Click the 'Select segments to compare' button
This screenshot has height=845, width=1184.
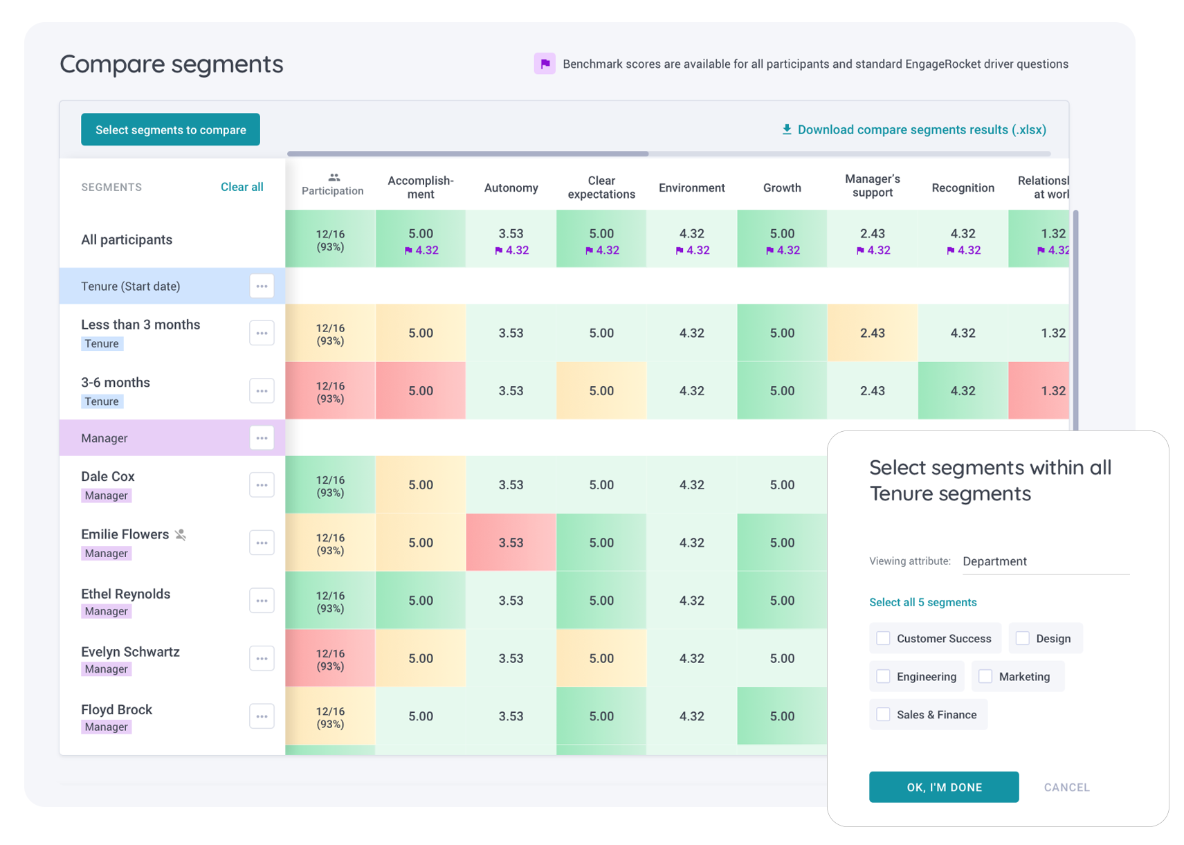click(170, 129)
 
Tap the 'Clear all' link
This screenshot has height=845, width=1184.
click(242, 187)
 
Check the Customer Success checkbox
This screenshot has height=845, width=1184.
click(883, 638)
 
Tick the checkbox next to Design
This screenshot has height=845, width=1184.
click(1022, 638)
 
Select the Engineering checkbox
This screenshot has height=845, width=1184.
click(883, 676)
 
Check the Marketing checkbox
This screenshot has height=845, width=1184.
click(985, 676)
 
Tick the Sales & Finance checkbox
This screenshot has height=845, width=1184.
click(883, 714)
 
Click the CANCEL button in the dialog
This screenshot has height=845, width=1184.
click(1066, 787)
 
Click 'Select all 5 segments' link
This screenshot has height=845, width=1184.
click(922, 602)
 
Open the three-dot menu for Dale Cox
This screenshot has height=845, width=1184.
click(262, 485)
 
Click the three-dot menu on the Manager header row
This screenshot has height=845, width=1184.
click(262, 438)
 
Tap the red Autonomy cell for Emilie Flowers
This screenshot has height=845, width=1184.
click(511, 543)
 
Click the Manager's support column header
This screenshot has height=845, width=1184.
click(872, 185)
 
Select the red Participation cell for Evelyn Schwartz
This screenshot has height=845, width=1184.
click(330, 659)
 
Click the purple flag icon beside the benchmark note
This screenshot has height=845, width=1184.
click(545, 64)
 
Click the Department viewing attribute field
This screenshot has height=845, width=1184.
click(1045, 561)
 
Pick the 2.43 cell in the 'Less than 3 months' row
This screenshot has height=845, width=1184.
click(872, 333)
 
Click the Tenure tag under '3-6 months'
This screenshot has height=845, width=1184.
click(102, 401)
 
